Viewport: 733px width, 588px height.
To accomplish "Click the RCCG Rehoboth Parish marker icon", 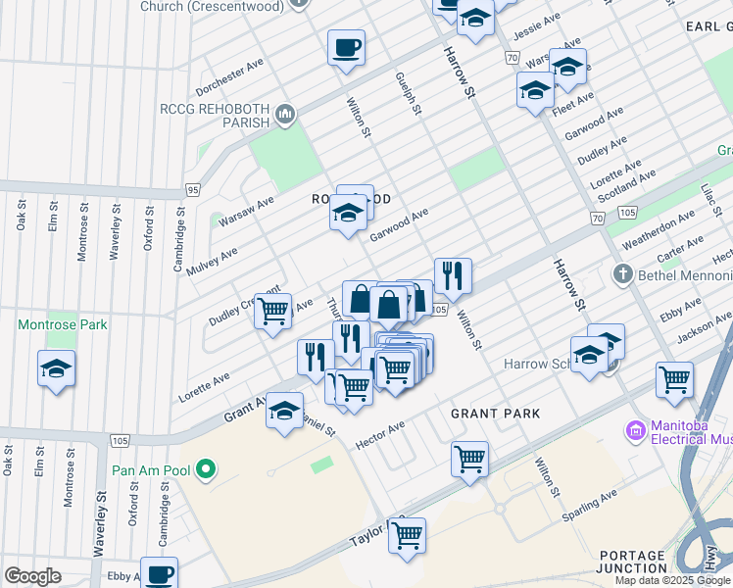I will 285,116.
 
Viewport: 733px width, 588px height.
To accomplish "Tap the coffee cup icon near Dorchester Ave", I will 345,47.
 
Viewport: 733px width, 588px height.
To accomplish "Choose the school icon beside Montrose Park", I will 56,369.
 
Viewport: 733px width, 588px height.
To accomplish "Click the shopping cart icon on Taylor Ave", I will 406,535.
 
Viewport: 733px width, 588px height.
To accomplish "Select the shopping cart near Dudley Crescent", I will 273,312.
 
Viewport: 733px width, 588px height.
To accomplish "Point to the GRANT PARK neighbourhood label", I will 495,414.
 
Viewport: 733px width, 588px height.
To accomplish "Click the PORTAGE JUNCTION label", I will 633,562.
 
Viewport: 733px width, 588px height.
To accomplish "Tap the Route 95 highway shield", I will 193,189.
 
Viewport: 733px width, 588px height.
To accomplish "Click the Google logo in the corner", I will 32,576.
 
